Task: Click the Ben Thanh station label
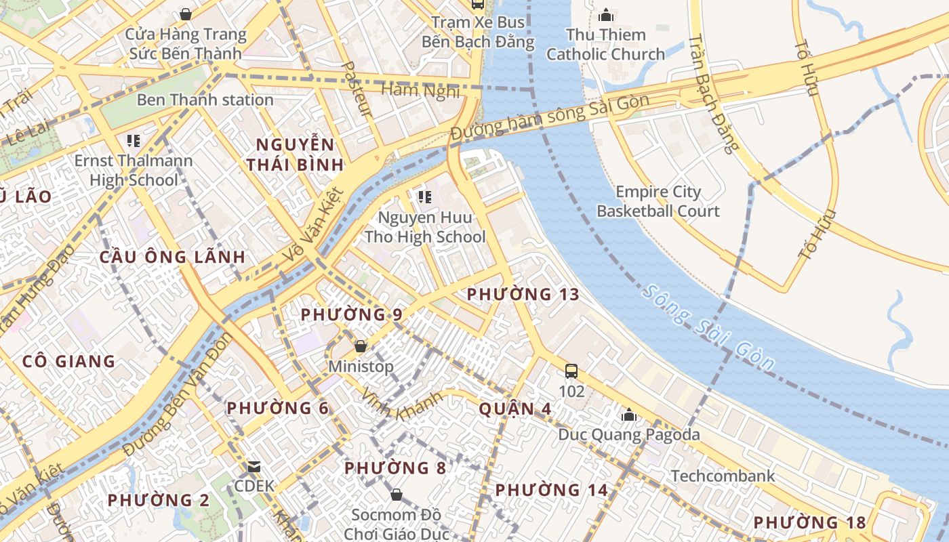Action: [x=205, y=100]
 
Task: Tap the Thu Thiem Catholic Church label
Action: [x=605, y=45]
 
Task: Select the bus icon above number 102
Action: [x=571, y=371]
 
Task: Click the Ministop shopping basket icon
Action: [x=361, y=346]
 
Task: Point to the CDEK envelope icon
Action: [x=254, y=467]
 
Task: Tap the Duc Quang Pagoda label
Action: [x=628, y=434]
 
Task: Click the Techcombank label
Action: [x=723, y=476]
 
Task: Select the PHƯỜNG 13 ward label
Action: [x=523, y=294]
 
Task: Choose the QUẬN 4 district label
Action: [x=515, y=409]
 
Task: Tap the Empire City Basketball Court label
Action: [x=658, y=201]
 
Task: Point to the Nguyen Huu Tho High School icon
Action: [x=425, y=197]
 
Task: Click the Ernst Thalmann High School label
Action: [x=134, y=170]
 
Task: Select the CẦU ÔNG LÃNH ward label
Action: [x=172, y=257]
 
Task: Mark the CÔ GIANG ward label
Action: [x=68, y=361]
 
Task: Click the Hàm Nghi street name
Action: [x=420, y=90]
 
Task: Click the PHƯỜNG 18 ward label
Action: [x=809, y=522]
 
